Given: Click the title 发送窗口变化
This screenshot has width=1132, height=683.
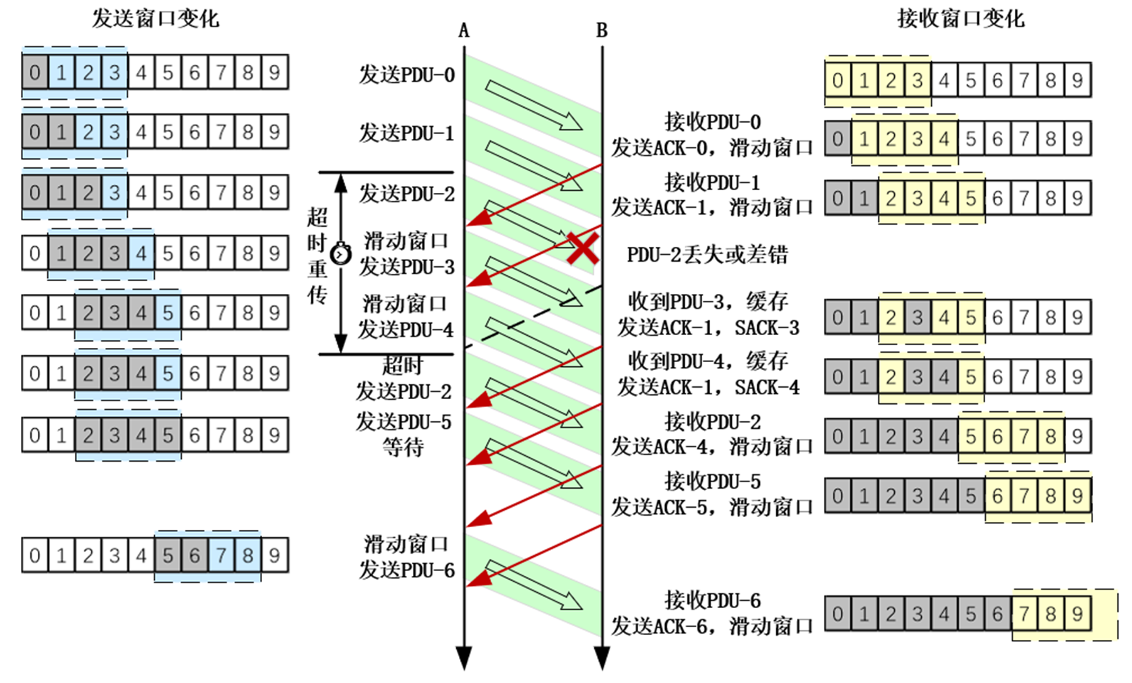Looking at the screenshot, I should [x=155, y=18].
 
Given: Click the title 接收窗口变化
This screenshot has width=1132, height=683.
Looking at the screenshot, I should [x=960, y=18].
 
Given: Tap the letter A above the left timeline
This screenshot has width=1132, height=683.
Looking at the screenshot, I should [x=464, y=31].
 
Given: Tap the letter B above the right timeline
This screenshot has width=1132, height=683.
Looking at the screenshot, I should [x=602, y=31].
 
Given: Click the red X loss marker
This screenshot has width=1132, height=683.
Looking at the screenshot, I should [x=582, y=248].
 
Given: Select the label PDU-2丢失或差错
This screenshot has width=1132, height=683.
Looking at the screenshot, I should [x=707, y=255].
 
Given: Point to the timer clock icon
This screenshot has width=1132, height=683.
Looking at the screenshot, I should [x=342, y=254].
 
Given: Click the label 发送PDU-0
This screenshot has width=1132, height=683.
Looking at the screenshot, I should [x=406, y=74].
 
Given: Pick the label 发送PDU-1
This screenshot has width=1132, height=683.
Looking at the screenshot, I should [x=406, y=133].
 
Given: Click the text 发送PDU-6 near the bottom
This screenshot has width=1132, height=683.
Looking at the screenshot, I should [x=406, y=570].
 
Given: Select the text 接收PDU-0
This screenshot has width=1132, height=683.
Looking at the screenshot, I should [x=712, y=122].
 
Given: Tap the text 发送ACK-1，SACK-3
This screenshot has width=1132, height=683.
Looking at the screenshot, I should [x=708, y=328].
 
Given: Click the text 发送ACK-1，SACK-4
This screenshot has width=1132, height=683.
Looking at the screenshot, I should [x=708, y=387].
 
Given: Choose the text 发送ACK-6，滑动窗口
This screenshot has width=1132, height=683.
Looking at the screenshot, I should [x=712, y=626].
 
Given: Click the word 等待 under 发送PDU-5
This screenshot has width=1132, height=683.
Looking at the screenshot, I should [x=403, y=447].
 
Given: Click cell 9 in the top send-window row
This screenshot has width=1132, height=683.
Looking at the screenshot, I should [x=274, y=72].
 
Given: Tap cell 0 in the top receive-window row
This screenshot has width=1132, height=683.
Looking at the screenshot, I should [x=838, y=81].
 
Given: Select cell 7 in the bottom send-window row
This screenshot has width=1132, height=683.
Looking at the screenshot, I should [x=221, y=556].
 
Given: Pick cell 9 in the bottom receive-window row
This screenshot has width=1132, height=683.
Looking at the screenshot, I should [x=1077, y=614].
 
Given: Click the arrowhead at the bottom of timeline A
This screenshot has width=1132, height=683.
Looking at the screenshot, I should [x=464, y=657].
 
